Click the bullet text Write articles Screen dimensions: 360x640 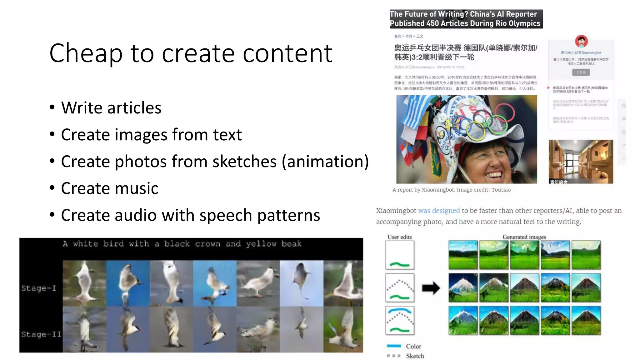[111, 108]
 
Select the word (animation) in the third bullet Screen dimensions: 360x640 [325, 162]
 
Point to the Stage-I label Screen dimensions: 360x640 [39, 288]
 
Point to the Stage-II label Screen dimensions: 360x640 [41, 334]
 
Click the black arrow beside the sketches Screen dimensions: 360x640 [431, 288]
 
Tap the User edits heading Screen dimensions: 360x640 [399, 237]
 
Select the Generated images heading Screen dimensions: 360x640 [524, 237]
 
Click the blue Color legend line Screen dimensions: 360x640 [394, 346]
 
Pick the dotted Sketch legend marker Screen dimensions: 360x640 [394, 356]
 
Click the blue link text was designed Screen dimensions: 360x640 [439, 211]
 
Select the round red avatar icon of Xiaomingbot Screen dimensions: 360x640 [581, 41]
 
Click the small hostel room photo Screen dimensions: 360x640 [581, 161]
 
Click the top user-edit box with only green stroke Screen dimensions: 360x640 [400, 255]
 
